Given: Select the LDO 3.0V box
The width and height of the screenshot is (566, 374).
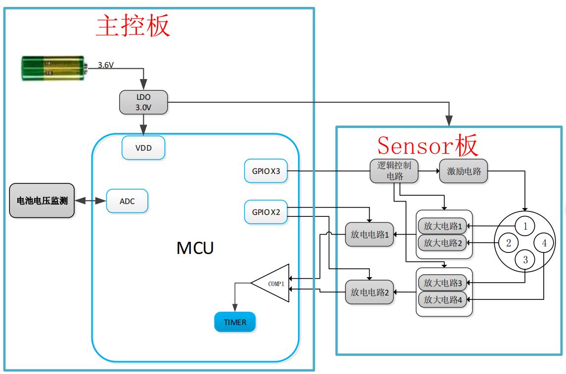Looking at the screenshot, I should click(143, 101).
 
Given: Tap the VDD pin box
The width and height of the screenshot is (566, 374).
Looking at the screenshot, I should click(143, 148).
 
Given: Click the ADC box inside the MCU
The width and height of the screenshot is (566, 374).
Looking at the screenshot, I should click(127, 201).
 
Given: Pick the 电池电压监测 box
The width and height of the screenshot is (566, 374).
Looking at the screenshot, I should click(42, 201).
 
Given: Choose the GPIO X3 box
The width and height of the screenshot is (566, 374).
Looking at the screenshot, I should click(266, 171).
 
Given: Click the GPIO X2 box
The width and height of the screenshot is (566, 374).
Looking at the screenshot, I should click(266, 212).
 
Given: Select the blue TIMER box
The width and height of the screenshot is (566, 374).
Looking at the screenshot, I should click(235, 322).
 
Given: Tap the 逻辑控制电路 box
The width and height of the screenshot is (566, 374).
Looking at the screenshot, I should click(394, 171).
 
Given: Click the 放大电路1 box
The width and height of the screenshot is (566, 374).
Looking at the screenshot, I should click(443, 227).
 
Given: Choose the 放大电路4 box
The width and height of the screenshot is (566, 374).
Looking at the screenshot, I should click(443, 299).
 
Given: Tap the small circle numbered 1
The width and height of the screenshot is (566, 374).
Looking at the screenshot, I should click(525, 226).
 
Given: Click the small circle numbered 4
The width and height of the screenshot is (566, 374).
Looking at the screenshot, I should click(544, 243).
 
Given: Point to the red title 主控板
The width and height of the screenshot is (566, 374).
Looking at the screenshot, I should click(133, 26).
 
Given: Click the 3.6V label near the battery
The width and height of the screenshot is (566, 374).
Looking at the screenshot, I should click(106, 65).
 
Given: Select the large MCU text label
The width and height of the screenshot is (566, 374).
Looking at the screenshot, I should click(195, 248).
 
